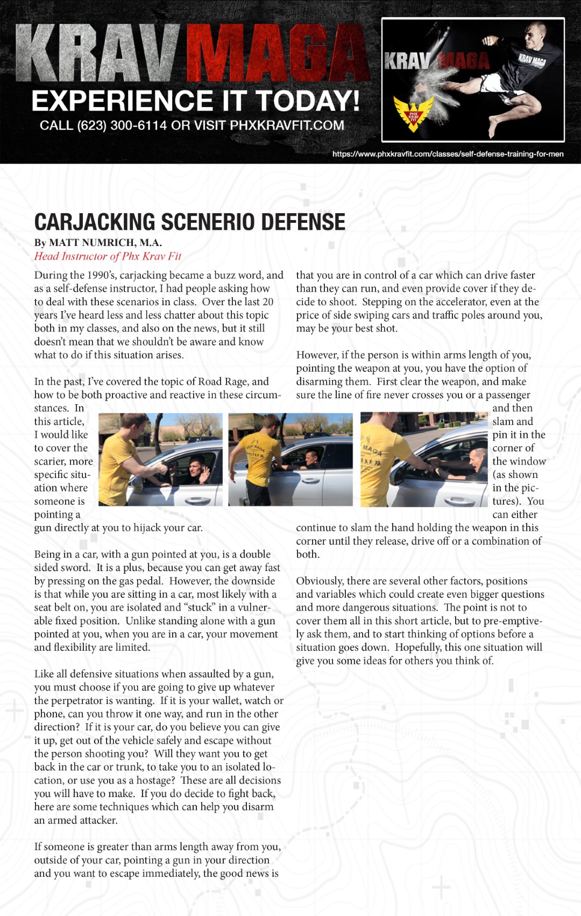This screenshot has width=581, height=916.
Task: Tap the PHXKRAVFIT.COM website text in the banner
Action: click(x=287, y=125)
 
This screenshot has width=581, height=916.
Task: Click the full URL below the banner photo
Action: click(x=448, y=154)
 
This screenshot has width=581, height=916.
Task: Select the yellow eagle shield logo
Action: click(x=413, y=114)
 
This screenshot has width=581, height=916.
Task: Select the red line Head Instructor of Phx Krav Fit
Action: click(x=108, y=256)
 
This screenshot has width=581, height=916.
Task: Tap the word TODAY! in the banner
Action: click(x=307, y=101)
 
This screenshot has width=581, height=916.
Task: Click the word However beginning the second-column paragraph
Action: click(x=316, y=355)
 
